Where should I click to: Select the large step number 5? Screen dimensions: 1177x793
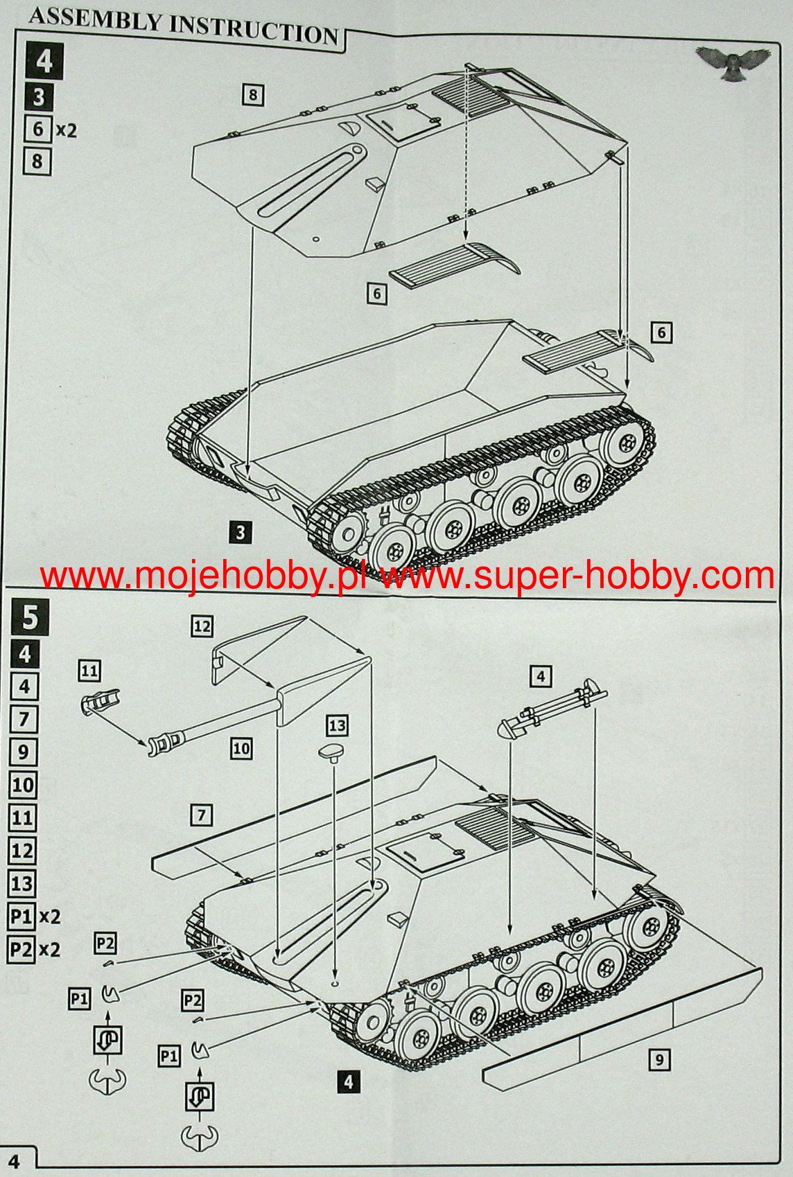tap(30, 617)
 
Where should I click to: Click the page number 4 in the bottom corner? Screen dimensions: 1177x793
tap(14, 1161)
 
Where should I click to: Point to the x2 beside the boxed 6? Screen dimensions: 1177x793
tap(66, 130)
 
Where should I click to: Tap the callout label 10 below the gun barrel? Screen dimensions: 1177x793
tap(241, 748)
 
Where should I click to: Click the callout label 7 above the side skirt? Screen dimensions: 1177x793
tap(201, 815)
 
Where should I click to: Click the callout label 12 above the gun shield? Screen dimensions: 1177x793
tap(202, 626)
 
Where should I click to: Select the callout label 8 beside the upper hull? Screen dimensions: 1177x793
tap(253, 94)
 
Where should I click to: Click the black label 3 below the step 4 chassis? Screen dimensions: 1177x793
tap(240, 533)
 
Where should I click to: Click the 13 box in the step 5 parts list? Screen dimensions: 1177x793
tap(22, 883)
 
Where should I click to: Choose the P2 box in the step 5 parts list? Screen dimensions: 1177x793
tap(21, 948)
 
